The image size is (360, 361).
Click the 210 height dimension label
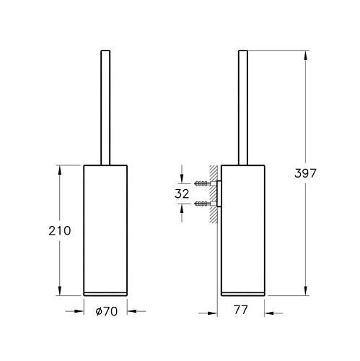[60, 230]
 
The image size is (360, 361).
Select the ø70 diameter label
[107, 311]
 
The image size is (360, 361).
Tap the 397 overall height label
[305, 173]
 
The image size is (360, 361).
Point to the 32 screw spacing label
[182, 193]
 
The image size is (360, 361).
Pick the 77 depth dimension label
[240, 310]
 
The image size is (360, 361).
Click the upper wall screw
[203, 183]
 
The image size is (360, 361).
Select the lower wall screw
[203, 204]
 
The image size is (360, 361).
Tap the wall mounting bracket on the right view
[219, 193]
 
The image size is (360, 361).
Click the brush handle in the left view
[105, 108]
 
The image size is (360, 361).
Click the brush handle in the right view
[243, 108]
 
